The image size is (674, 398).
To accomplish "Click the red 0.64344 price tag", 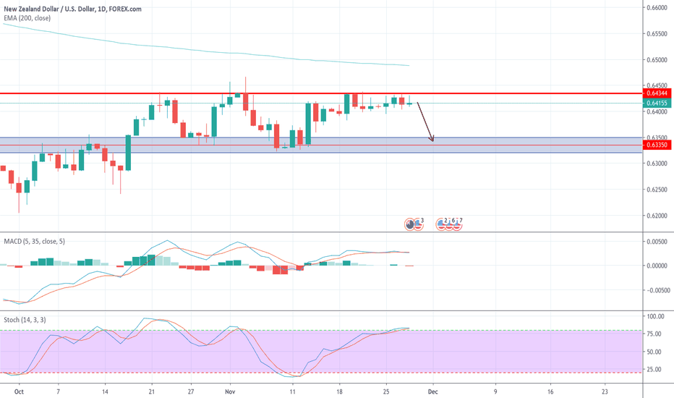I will [657, 94].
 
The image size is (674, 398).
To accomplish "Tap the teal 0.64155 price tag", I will [657, 103].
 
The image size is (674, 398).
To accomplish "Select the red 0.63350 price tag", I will [657, 145].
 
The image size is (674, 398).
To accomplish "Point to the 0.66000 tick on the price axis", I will [656, 8].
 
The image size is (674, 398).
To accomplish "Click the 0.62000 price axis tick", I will [656, 216].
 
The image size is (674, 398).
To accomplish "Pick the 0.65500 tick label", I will [656, 34].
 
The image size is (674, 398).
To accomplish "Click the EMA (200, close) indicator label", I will [27, 17].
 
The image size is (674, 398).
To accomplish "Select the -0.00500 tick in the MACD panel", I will [654, 290].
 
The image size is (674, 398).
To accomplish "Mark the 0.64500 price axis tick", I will [656, 85].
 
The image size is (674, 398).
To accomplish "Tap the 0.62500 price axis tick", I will [656, 190].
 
